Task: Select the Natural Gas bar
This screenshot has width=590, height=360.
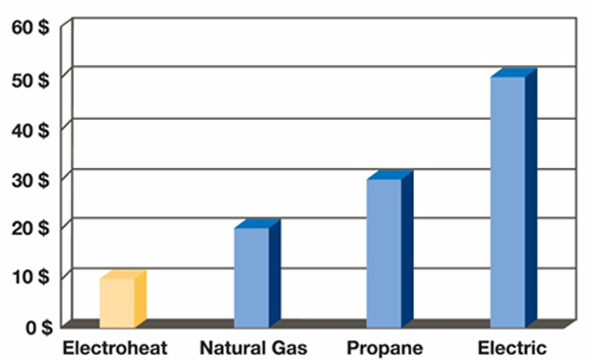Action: (251, 276)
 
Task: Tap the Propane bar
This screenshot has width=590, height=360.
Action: (383, 252)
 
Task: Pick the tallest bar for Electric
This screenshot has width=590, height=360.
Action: (507, 201)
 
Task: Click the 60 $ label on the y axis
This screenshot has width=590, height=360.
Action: (31, 28)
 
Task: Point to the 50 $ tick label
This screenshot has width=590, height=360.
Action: (31, 78)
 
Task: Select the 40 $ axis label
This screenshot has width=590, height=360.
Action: (31, 128)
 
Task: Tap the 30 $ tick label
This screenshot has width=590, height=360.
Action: (31, 177)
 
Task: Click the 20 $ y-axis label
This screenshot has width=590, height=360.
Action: (31, 227)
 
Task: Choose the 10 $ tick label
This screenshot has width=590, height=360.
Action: (31, 276)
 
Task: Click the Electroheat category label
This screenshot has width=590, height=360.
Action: (115, 348)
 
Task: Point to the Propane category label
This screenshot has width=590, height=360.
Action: (384, 348)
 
